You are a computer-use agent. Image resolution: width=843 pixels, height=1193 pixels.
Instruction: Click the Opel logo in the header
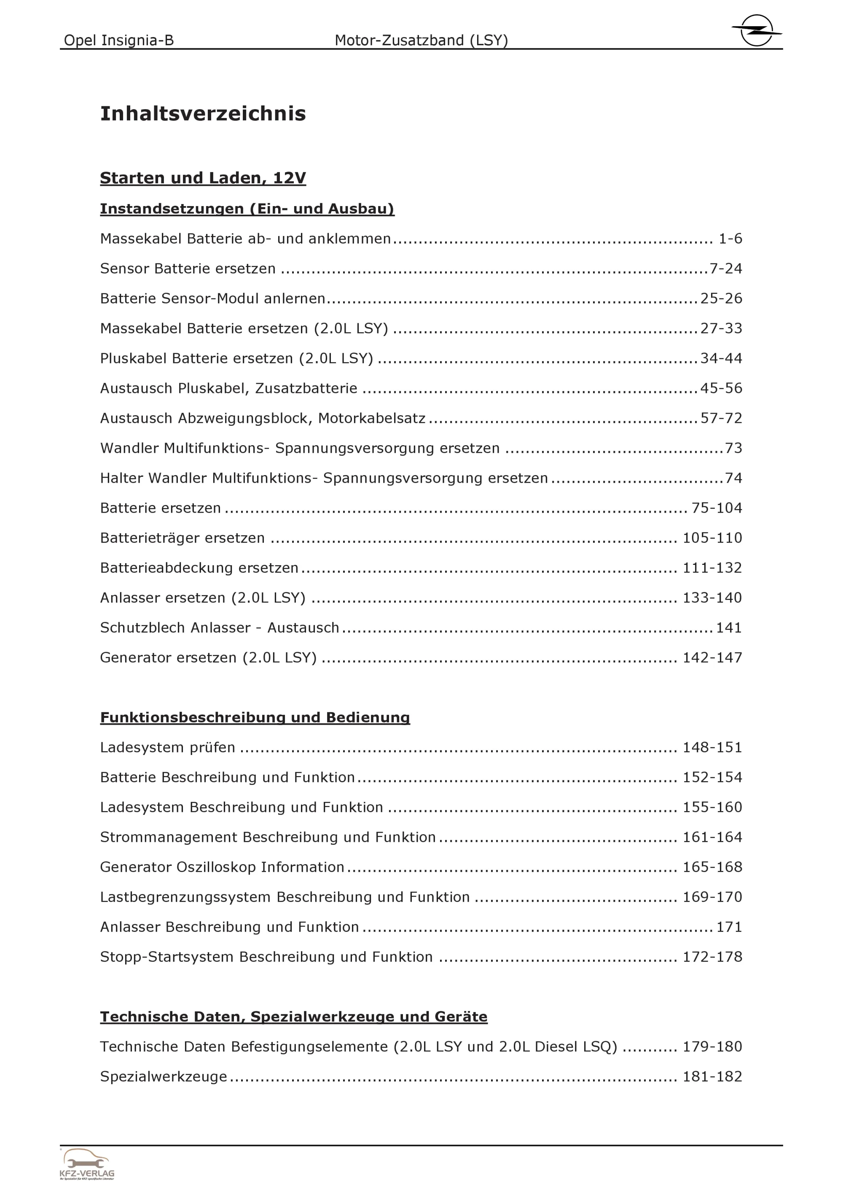(x=756, y=30)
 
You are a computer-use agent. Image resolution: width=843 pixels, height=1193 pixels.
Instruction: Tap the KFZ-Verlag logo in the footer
(x=87, y=1164)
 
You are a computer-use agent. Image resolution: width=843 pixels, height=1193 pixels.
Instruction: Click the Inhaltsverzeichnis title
(x=203, y=113)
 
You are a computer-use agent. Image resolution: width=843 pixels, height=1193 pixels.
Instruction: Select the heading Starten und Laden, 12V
(x=203, y=178)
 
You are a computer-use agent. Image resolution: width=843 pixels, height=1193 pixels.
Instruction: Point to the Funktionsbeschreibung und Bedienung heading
(x=255, y=717)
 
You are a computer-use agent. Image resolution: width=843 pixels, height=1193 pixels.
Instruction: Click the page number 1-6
(x=730, y=239)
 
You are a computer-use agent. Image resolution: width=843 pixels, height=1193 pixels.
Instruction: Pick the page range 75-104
(x=717, y=508)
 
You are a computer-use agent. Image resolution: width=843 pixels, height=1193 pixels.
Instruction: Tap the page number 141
(x=729, y=628)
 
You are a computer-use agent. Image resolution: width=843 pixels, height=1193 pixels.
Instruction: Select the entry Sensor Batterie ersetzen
(x=188, y=269)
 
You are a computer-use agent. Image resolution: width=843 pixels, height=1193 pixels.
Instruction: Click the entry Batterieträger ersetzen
(x=183, y=538)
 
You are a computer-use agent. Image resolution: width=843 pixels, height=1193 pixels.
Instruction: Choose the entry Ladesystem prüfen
(x=167, y=747)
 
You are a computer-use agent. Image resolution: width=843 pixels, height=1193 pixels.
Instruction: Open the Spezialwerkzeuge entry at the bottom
(x=164, y=1076)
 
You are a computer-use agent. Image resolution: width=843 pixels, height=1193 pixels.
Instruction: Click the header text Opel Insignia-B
(x=118, y=40)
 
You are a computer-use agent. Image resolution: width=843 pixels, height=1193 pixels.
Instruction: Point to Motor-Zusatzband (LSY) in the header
(x=421, y=40)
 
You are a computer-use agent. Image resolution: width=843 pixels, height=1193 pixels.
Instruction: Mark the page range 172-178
(x=712, y=957)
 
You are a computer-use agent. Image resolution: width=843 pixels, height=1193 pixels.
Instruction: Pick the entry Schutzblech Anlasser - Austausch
(x=219, y=628)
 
